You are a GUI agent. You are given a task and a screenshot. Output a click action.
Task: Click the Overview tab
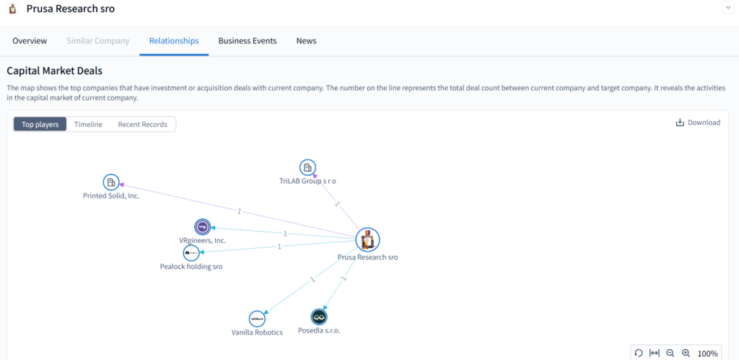[30, 41]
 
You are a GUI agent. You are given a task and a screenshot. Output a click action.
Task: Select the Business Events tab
[248, 41]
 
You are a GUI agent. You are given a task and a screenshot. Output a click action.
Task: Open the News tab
[306, 41]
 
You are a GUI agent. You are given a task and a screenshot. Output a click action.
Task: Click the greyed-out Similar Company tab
[98, 41]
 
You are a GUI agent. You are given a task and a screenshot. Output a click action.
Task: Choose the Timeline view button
[88, 124]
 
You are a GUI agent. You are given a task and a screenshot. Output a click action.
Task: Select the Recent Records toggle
[142, 124]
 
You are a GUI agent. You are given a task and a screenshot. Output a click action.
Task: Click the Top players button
[40, 124]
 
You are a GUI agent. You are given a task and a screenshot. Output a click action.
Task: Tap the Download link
[699, 123]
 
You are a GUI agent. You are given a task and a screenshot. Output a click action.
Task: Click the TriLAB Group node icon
[307, 167]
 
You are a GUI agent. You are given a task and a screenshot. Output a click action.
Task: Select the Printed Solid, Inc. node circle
[111, 183]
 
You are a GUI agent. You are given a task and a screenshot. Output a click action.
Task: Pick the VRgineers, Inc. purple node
[202, 227]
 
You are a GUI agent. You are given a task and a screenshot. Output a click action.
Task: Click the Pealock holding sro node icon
[191, 253]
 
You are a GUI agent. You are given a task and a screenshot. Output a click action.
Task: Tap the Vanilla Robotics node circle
[257, 319]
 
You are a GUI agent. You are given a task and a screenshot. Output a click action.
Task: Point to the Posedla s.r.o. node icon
[319, 317]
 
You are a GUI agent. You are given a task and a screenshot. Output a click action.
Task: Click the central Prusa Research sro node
[367, 240]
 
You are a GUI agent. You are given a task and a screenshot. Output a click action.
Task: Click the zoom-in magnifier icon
[686, 353]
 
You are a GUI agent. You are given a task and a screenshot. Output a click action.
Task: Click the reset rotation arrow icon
[639, 353]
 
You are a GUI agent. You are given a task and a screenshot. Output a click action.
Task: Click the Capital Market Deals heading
[55, 71]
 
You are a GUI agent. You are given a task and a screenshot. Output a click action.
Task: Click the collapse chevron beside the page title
[727, 7]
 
